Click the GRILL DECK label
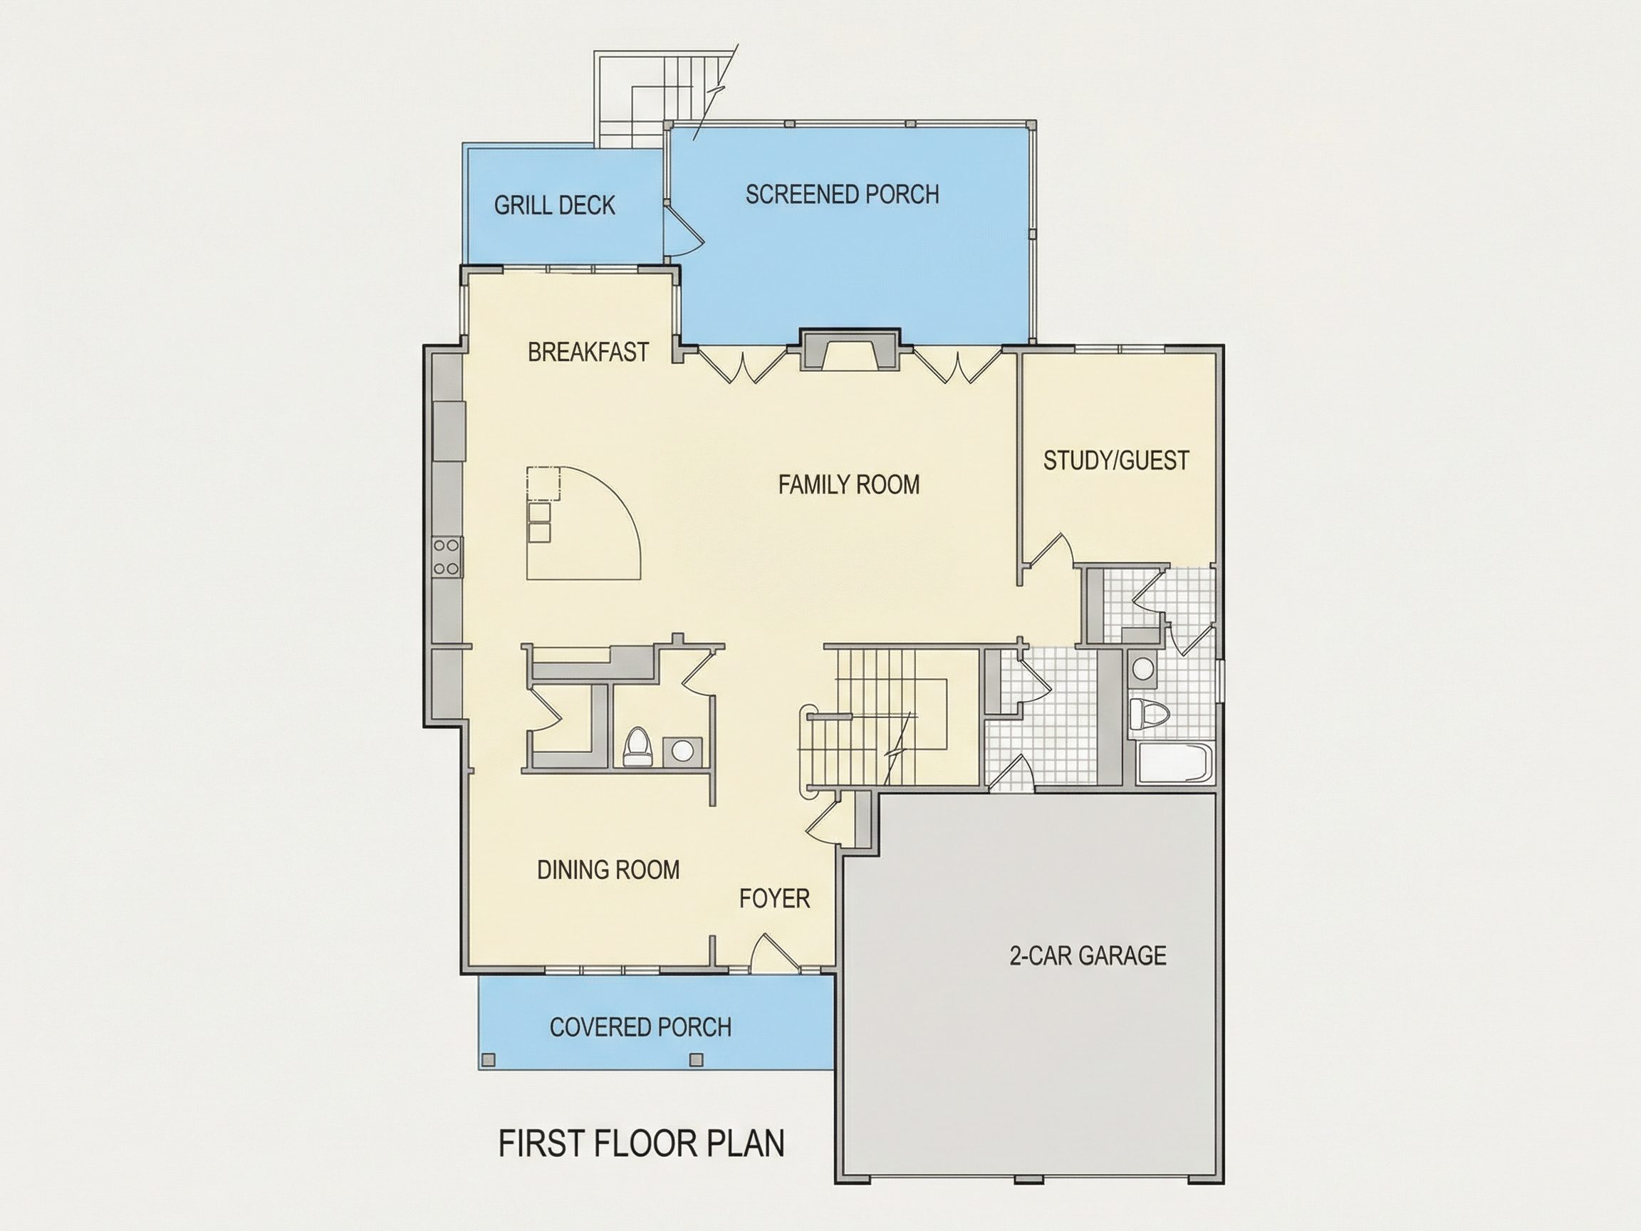click(x=554, y=206)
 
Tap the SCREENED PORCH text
click(x=842, y=194)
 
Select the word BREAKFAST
click(x=588, y=352)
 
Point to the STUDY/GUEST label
click(x=1116, y=461)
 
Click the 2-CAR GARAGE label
click(x=1088, y=956)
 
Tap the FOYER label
click(x=773, y=898)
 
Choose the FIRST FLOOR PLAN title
click(x=641, y=1143)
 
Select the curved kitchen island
click(x=583, y=522)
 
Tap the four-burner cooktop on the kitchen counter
click(x=447, y=557)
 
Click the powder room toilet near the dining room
click(x=637, y=747)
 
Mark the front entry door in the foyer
click(x=774, y=953)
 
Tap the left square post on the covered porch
click(x=487, y=1059)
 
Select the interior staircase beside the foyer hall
click(x=890, y=717)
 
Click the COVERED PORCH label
click(x=640, y=1027)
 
